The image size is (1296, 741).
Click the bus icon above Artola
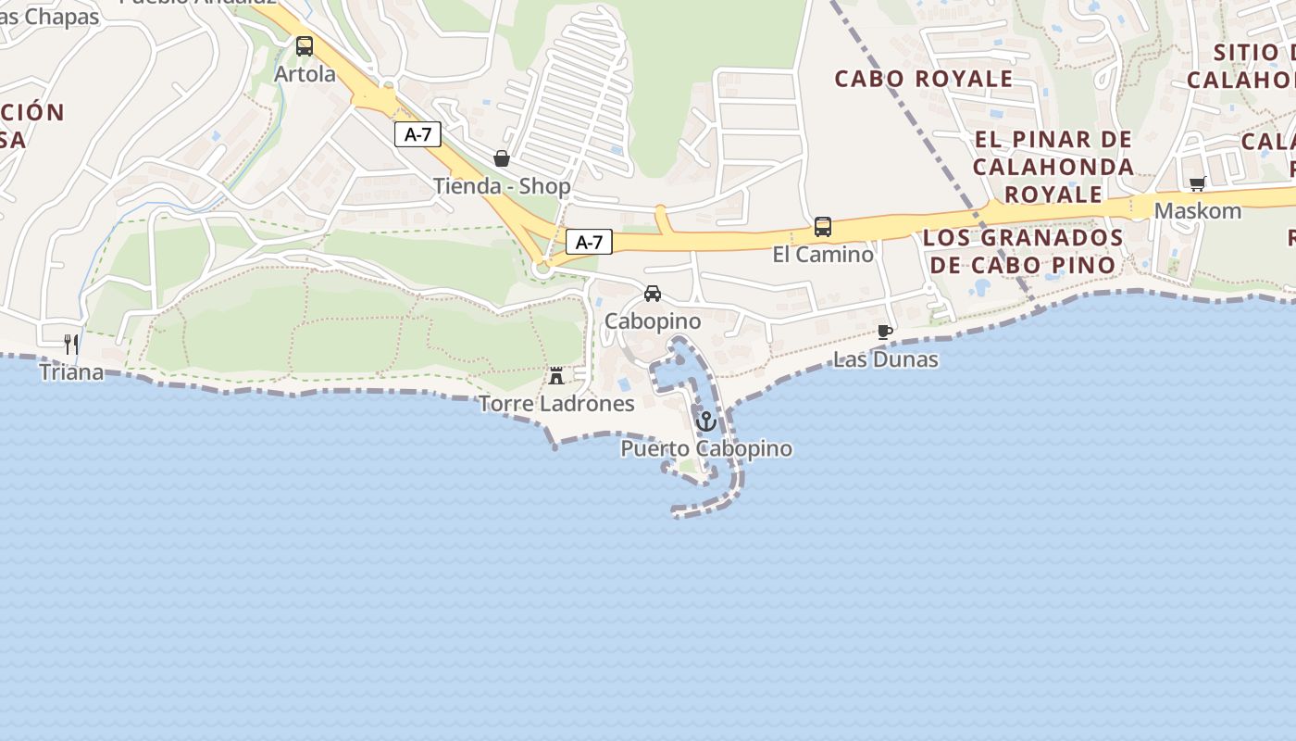305,45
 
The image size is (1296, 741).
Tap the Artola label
305,74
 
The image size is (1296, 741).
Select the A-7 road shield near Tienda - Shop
417,134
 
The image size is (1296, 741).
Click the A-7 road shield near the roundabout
589,243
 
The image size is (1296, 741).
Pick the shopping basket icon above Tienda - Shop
502,158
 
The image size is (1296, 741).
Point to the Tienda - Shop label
502,186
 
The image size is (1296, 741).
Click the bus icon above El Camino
822,226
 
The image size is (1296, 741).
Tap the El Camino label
823,254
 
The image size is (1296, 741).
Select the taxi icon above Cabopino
653,294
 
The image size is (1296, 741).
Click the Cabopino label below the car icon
653,321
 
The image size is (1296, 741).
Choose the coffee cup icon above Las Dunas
885,332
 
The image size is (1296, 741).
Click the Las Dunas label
886,359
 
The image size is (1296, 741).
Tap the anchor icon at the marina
706,421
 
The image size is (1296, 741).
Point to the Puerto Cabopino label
706,449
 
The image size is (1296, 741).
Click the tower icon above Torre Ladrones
556,376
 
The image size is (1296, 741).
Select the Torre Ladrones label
556,404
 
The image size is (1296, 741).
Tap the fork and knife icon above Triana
71,345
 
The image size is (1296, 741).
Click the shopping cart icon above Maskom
1198,183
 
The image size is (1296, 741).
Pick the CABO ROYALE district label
924,79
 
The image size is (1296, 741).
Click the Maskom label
1198,211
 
